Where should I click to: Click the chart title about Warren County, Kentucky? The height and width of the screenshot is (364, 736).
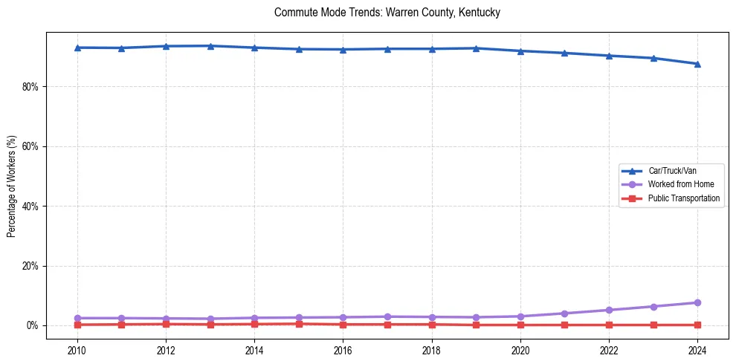click(387, 13)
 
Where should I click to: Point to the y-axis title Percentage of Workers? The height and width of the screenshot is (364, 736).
click(11, 186)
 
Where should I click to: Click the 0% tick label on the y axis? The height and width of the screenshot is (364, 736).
click(31, 325)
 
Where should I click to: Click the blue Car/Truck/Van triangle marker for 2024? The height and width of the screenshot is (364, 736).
click(697, 64)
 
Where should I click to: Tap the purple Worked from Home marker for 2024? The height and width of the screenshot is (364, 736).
click(697, 302)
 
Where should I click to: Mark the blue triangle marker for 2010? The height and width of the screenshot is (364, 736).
click(77, 48)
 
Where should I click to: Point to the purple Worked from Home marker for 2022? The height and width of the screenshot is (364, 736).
click(609, 310)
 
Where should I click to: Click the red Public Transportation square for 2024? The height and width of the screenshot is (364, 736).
click(697, 325)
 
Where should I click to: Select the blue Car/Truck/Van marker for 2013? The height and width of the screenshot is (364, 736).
click(210, 46)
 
